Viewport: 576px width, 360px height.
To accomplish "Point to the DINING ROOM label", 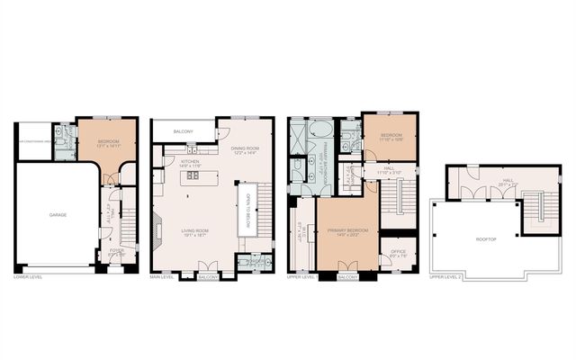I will [x=244, y=148].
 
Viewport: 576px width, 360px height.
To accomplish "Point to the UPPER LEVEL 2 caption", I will [x=447, y=277].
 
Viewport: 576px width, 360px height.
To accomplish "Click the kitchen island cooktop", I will [x=193, y=178].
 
